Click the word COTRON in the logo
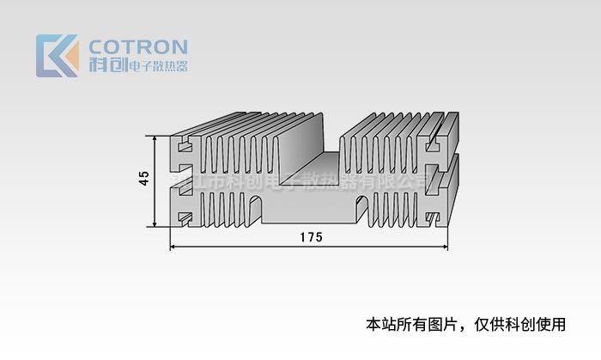click(x=137, y=46)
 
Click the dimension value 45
click(x=143, y=178)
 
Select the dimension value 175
click(x=311, y=237)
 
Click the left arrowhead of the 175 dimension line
click(x=174, y=247)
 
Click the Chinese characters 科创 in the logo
click(x=106, y=64)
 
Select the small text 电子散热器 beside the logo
click(x=157, y=65)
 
